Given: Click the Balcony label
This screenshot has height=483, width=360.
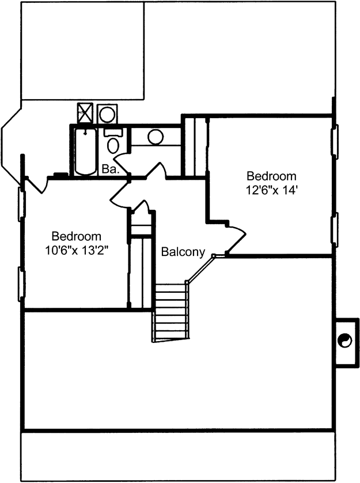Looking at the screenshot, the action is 183,252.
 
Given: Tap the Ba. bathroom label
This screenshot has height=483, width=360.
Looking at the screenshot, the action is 110,169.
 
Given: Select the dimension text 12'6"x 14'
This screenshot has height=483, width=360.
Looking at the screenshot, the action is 271,190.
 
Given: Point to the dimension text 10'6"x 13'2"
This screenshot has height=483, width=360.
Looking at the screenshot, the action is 77,250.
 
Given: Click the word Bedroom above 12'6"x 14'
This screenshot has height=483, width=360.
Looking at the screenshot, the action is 272,176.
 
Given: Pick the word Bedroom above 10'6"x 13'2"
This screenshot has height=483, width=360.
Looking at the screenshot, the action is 77,236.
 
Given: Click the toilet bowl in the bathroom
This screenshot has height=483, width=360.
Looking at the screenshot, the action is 113,146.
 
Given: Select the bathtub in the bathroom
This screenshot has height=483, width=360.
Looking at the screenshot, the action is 86,151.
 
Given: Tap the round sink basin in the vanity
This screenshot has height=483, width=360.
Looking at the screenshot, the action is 156,137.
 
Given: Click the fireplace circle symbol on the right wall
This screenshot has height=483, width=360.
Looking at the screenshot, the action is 344,341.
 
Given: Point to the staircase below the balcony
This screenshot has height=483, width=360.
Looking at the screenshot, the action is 170,312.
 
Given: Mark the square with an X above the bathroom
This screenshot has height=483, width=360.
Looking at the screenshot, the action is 85,114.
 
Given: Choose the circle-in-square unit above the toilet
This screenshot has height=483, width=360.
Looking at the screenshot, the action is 107,114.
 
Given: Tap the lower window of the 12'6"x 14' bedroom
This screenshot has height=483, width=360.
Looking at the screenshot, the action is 335,229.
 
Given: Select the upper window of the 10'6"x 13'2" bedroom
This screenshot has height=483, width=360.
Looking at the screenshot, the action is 21,203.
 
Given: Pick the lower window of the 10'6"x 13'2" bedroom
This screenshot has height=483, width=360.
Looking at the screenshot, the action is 21,284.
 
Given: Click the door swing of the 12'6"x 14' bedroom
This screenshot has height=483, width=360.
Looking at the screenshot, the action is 237,239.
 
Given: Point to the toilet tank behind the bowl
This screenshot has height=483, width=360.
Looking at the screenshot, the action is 113,133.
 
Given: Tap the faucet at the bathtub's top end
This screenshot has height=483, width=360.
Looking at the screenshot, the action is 85,132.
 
